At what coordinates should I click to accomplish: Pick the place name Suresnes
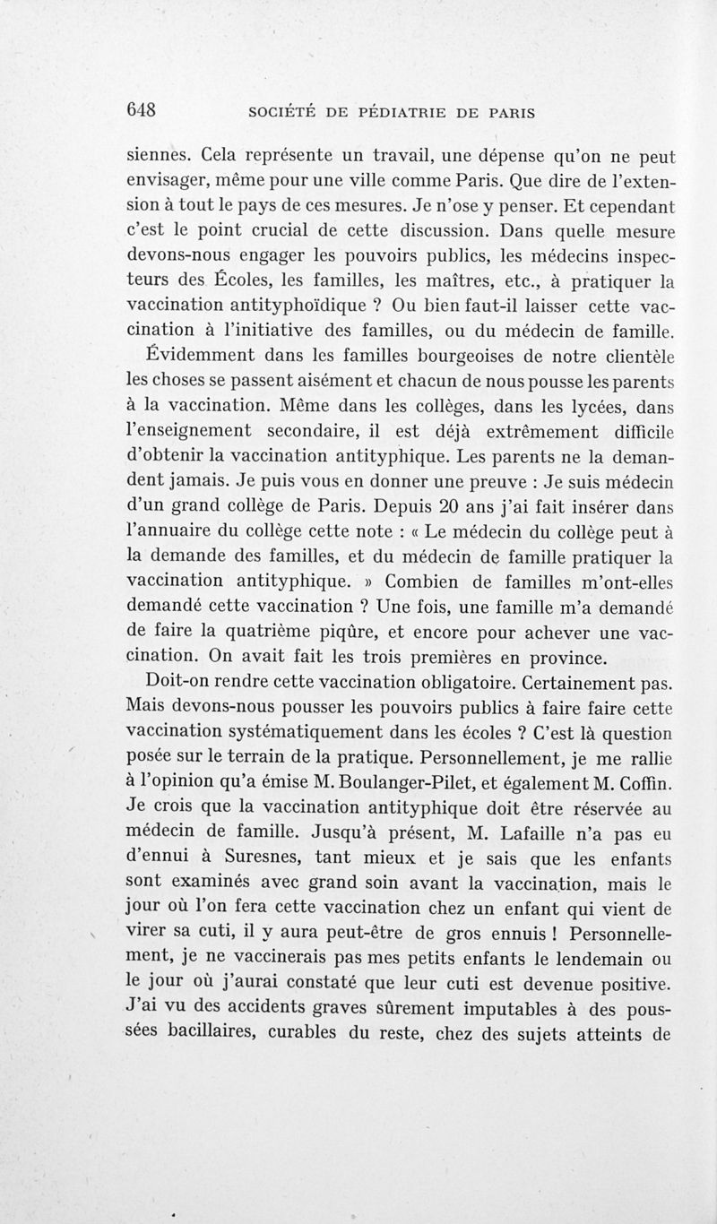point(246,860)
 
